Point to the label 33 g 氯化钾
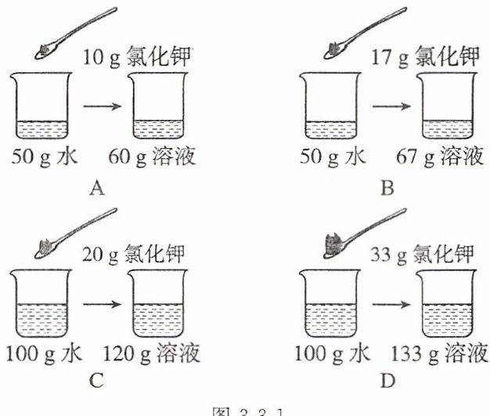tap(423, 255)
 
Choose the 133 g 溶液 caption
tap(444, 354)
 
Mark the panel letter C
tap(97, 382)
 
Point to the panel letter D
tap(387, 382)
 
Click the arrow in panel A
tap(103, 105)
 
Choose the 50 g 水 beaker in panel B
tap(329, 107)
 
